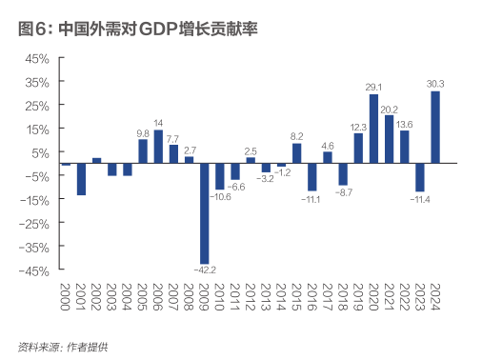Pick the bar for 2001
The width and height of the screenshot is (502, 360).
pyautogui.click(x=81, y=179)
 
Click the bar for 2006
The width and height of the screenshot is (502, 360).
pyautogui.click(x=158, y=147)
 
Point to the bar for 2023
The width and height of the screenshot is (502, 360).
pyautogui.click(x=420, y=177)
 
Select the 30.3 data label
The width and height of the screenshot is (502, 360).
pyautogui.click(x=436, y=84)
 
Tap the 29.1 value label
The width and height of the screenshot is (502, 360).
pyautogui.click(x=373, y=87)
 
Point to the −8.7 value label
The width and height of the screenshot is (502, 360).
pyautogui.click(x=343, y=192)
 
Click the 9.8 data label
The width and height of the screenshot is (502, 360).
pyautogui.click(x=143, y=132)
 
